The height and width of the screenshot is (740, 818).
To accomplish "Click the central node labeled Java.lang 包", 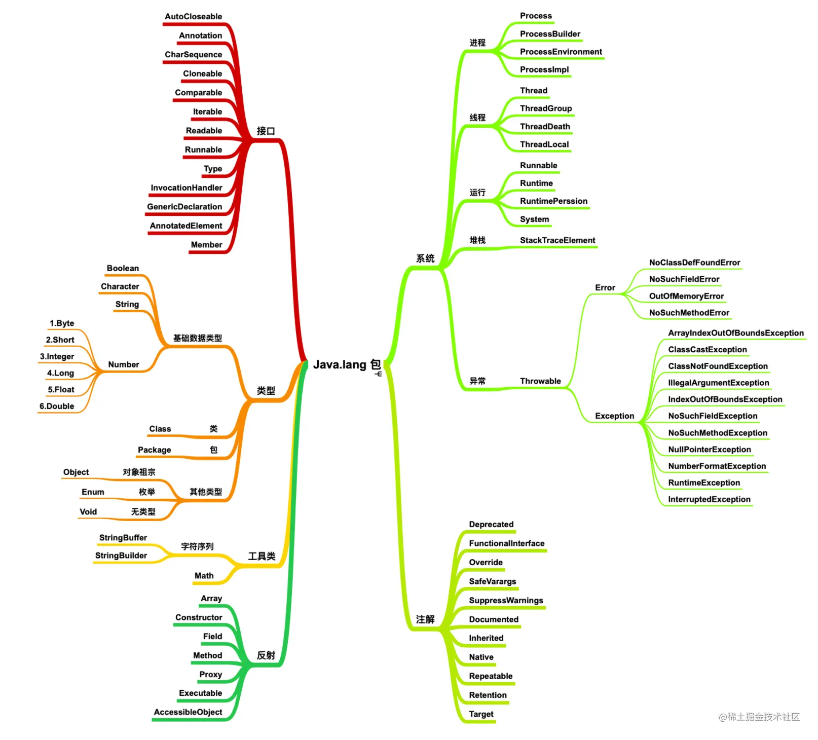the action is (x=347, y=364).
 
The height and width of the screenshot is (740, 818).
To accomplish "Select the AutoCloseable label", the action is (x=193, y=16).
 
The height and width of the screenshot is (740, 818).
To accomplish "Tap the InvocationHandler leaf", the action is (x=186, y=188).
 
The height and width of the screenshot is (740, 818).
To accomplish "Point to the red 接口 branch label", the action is (x=266, y=131).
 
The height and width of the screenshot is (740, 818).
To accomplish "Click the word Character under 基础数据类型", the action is (x=120, y=286).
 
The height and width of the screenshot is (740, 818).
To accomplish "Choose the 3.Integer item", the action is (x=57, y=356).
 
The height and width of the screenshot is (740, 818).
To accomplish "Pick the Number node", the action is (x=123, y=364).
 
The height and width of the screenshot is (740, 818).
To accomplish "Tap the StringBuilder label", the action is (x=121, y=556).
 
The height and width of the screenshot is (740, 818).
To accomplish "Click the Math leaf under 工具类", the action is (x=204, y=576).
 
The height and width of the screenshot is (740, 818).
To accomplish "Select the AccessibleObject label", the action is (x=188, y=712).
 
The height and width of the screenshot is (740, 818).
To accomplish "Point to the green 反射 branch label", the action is (x=266, y=655).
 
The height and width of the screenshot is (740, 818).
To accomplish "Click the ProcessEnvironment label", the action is (x=561, y=52).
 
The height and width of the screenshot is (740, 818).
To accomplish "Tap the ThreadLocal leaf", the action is (x=544, y=144).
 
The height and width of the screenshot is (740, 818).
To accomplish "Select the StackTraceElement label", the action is (x=557, y=240).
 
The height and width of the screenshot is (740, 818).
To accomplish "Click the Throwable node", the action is (x=540, y=381).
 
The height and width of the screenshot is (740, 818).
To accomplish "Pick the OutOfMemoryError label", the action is (x=686, y=296).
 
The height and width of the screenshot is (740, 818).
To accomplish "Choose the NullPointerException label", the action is (x=709, y=450).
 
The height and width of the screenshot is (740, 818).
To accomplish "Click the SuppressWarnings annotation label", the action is (x=506, y=601).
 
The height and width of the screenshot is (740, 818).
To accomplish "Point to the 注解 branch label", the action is (x=425, y=619).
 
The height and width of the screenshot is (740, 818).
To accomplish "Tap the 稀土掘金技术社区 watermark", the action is (x=759, y=717).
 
